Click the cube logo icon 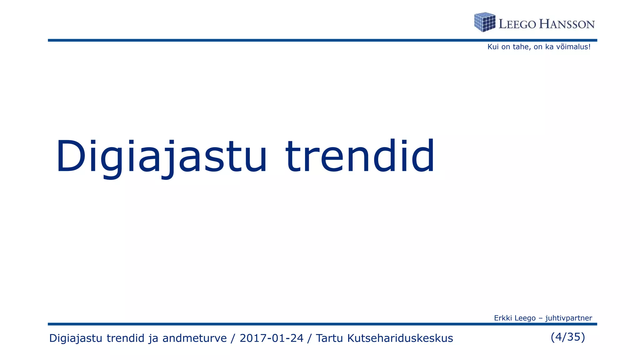coord(485,22)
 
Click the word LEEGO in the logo coord(517,24)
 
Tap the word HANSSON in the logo coord(567,24)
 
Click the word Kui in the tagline coord(493,47)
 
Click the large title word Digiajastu coord(161,156)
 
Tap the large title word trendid coord(360,156)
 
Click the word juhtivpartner coord(568,318)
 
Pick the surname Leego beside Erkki coord(525,318)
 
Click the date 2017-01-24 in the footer coord(271,338)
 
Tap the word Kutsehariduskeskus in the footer coord(400,338)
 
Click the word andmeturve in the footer coord(194,338)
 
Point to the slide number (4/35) coord(567,337)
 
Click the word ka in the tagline coord(549,47)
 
